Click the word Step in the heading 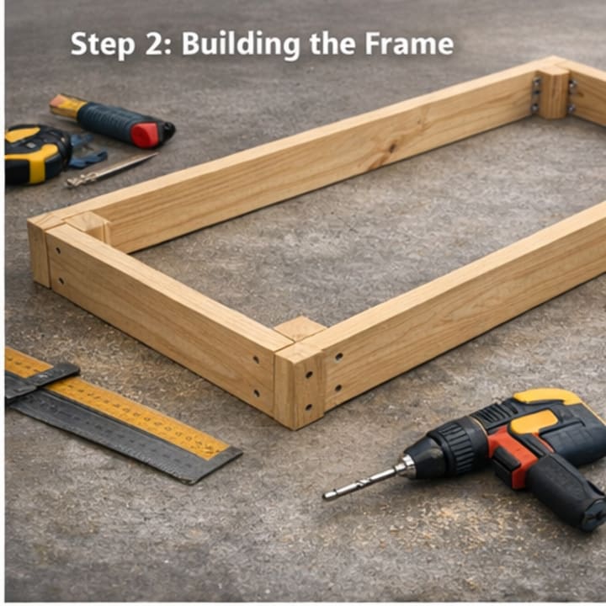pyautogui.click(x=103, y=45)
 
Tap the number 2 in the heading pyautogui.click(x=156, y=44)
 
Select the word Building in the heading pyautogui.click(x=241, y=45)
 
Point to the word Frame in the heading pyautogui.click(x=409, y=44)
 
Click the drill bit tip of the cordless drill pyautogui.click(x=327, y=496)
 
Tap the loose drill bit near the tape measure pyautogui.click(x=109, y=170)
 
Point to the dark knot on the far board pyautogui.click(x=392, y=147)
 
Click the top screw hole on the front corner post pyautogui.click(x=309, y=375)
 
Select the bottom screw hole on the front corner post pyautogui.click(x=308, y=407)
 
